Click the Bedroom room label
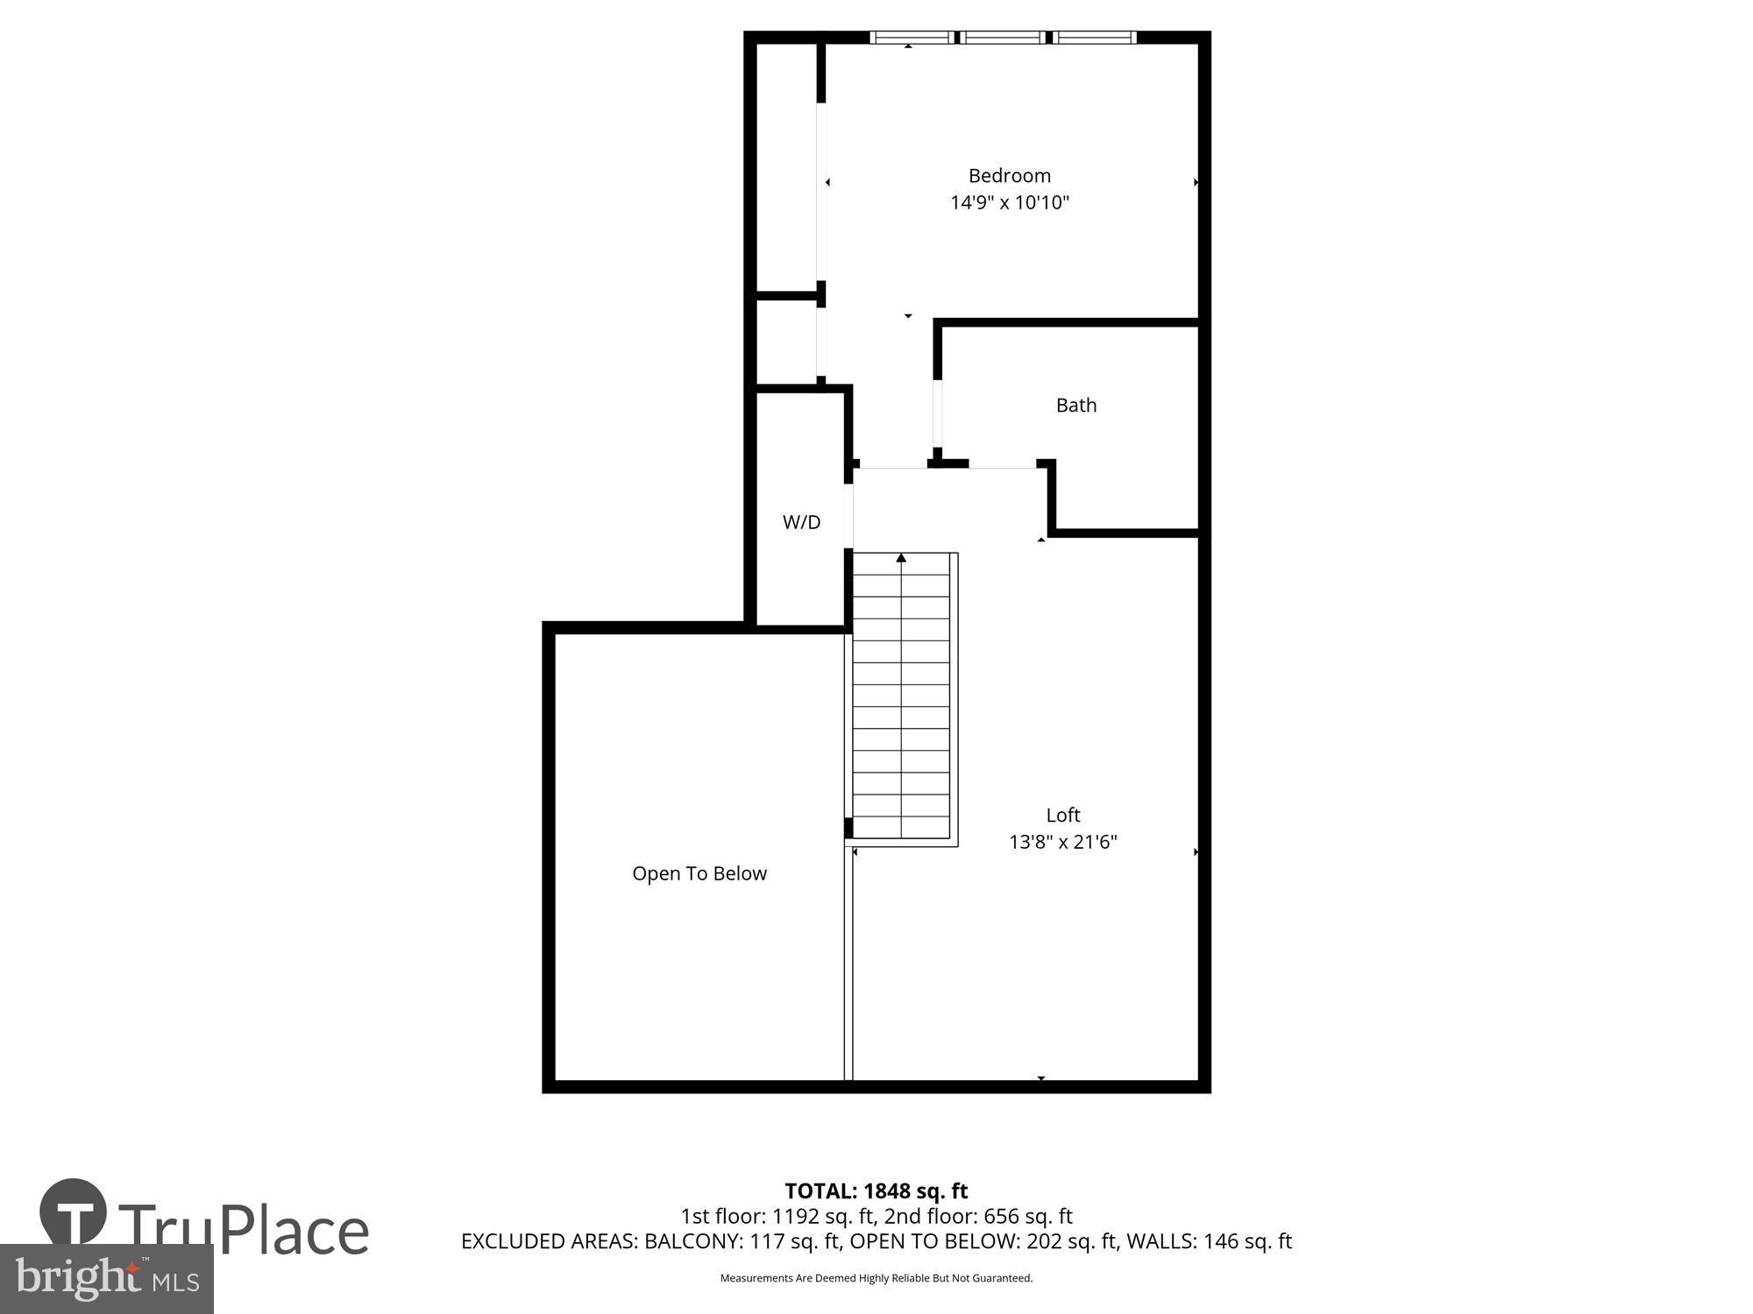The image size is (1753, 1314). coord(1009,175)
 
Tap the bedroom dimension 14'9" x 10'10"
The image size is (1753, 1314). coord(1010,202)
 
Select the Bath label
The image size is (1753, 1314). coord(1075,405)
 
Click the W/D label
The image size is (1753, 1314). coord(801,522)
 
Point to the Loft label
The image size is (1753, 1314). coord(1062,815)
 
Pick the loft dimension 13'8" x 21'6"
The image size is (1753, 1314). coord(1062,842)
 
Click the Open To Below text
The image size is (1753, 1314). coord(699,873)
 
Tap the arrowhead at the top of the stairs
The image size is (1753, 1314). coord(901,558)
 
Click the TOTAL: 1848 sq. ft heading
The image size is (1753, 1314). coord(876,1190)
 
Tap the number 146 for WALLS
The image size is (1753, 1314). coord(1221,1241)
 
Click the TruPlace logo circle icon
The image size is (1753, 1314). coord(74,1212)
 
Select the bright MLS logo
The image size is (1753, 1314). coord(106,1279)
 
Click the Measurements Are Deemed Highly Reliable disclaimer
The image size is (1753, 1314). coord(876,1278)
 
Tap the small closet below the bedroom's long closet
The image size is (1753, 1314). coord(786,342)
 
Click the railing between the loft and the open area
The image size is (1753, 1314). coord(848,964)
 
